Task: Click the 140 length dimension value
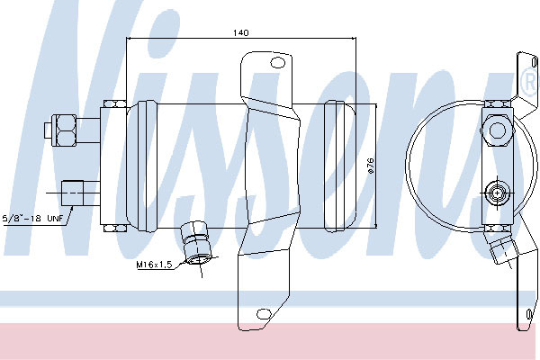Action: tap(240, 32)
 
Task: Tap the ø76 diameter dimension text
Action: tap(371, 166)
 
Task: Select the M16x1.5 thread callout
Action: tap(154, 265)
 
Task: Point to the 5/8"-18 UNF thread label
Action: tap(33, 218)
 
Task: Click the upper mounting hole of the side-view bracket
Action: tap(277, 63)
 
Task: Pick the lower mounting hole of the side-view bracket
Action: tap(264, 314)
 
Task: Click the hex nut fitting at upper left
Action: tap(65, 130)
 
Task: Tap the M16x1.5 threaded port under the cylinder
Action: tap(194, 243)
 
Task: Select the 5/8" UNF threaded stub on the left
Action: tap(72, 193)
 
